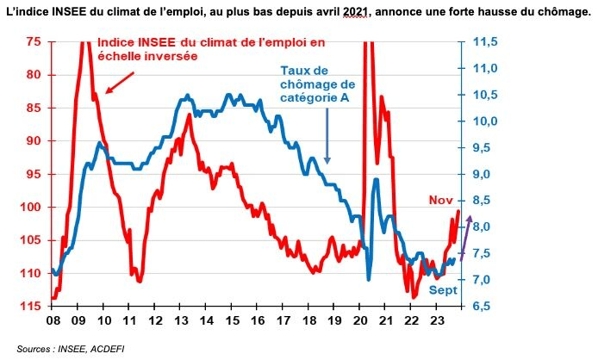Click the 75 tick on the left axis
point(34,41)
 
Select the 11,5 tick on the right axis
point(487,41)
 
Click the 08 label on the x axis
point(53,320)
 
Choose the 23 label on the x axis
point(438,320)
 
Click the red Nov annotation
point(440,201)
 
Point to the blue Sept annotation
point(443,291)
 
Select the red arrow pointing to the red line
point(120,82)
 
